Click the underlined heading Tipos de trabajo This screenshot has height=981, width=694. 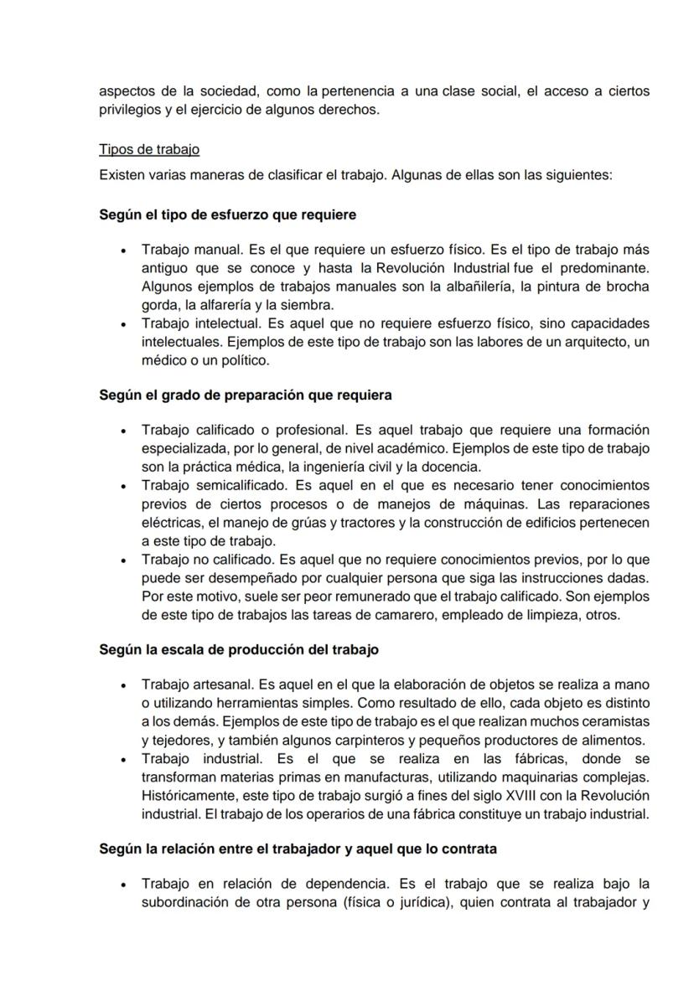(x=149, y=150)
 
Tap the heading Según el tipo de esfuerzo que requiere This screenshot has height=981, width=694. (x=227, y=214)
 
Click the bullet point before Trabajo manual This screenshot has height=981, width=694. (x=124, y=250)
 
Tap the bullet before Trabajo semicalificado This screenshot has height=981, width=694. (x=124, y=486)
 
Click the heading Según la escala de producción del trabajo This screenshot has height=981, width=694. (x=239, y=649)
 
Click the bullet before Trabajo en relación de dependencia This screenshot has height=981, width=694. (x=124, y=885)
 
